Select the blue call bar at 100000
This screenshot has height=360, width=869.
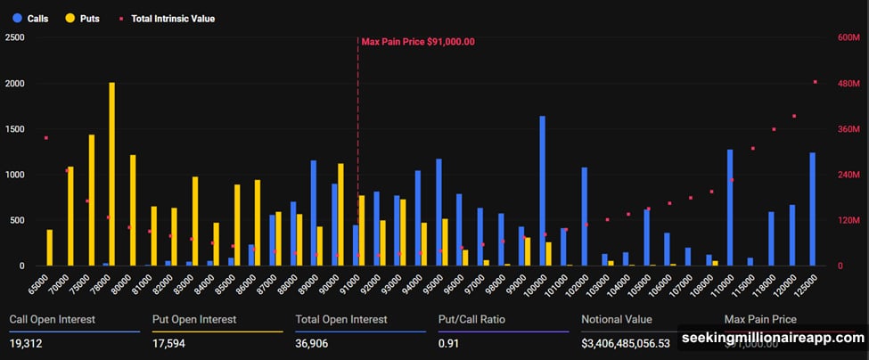click(542, 192)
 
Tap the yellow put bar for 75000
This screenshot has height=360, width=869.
click(91, 200)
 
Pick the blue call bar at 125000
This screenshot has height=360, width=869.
click(812, 209)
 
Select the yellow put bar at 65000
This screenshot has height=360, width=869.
click(50, 248)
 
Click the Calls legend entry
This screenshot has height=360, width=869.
click(30, 18)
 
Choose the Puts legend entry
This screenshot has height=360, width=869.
click(81, 18)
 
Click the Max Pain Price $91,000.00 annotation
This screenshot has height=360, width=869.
click(417, 41)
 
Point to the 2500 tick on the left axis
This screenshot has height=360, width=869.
click(14, 37)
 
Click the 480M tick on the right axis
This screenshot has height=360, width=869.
click(847, 84)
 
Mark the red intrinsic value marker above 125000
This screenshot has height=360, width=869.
click(815, 82)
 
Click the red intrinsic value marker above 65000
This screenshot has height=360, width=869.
click(45, 138)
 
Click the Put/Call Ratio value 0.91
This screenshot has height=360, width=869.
click(447, 343)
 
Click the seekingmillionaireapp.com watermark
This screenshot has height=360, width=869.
click(773, 339)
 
